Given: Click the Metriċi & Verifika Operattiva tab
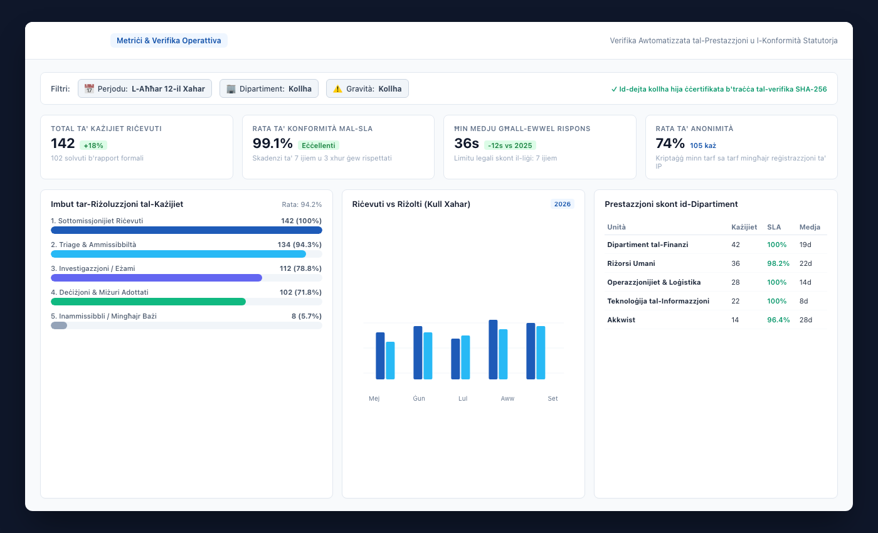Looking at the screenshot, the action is [169, 40].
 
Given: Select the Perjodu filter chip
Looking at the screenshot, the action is [145, 88].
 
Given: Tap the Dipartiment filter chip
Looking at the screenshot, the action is [269, 88].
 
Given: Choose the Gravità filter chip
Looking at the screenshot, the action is [368, 88].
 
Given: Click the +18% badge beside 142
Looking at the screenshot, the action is [93, 145].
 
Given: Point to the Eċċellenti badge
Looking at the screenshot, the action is [319, 145].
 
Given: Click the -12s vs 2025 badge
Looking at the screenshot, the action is [510, 145].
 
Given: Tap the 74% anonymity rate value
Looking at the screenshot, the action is [670, 144].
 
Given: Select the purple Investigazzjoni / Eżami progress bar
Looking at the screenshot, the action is [156, 278].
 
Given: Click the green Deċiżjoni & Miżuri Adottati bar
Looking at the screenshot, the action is [148, 302].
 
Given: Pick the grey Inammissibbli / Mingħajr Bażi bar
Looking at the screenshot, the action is [59, 325].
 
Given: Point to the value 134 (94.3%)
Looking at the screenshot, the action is [300, 245].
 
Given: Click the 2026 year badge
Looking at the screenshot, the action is [562, 204].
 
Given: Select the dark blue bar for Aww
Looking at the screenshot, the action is [493, 350].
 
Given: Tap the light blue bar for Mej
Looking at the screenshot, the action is [390, 361].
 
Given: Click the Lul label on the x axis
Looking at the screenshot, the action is [463, 399].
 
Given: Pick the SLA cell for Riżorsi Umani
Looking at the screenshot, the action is [778, 263].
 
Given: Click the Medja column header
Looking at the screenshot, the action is [810, 227].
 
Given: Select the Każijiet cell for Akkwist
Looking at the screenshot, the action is [735, 320].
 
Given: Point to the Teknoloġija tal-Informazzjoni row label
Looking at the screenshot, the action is [658, 301].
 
